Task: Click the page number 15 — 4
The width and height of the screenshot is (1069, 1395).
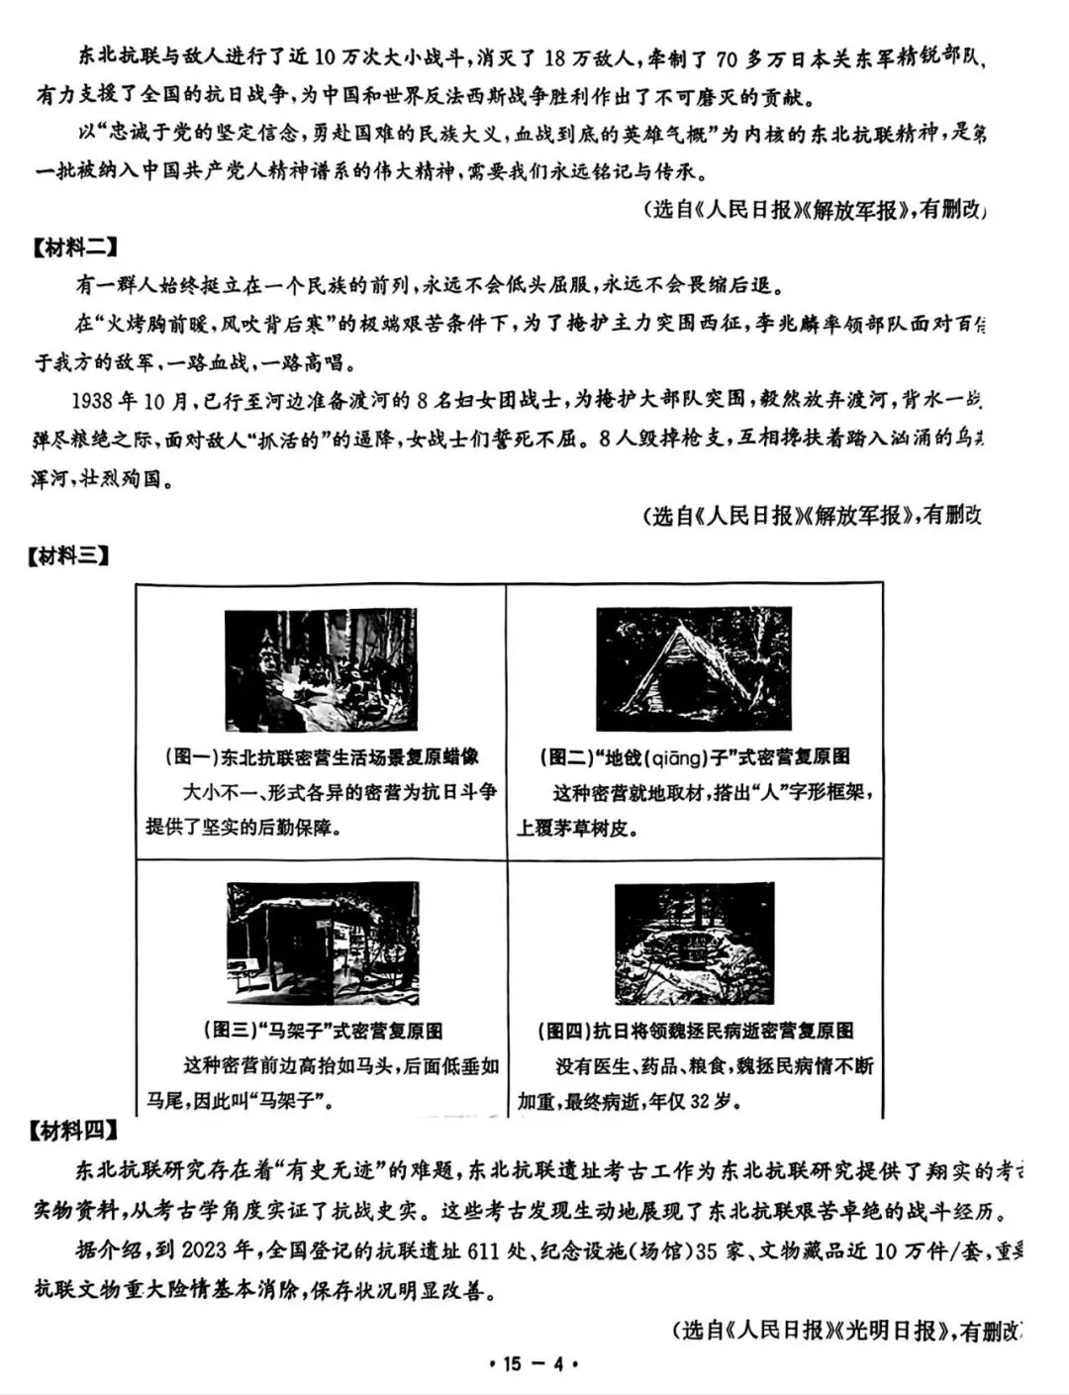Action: click(x=534, y=1364)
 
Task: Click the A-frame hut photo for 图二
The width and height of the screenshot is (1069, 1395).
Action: click(x=693, y=669)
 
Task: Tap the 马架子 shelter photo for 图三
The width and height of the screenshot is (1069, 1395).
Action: click(x=323, y=945)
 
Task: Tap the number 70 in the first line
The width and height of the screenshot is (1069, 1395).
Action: click(x=726, y=59)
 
